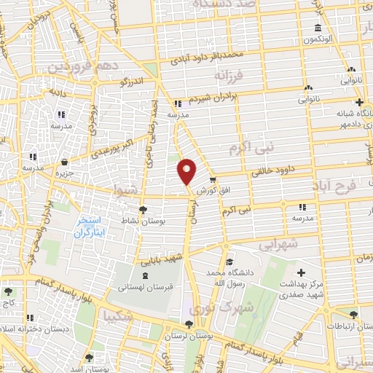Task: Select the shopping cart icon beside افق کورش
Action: pyautogui.click(x=213, y=179)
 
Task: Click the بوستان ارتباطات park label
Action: pyautogui.click(x=354, y=326)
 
